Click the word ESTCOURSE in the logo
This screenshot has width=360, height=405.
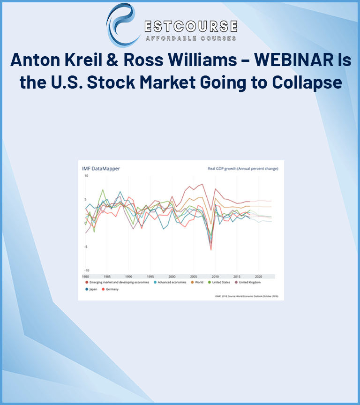pos(190,26)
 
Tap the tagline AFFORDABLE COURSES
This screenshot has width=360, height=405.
pos(190,38)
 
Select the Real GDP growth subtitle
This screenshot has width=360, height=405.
pos(243,168)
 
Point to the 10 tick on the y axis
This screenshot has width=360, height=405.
pos(86,175)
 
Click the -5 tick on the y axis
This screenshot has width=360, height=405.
pos(85,247)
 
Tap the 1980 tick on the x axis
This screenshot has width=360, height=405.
pos(85,277)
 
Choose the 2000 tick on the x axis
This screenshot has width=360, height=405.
pos(172,277)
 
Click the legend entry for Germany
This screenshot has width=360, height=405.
pos(111,289)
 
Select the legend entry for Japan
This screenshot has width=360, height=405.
pos(91,289)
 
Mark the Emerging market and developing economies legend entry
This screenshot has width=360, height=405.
pos(117,282)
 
